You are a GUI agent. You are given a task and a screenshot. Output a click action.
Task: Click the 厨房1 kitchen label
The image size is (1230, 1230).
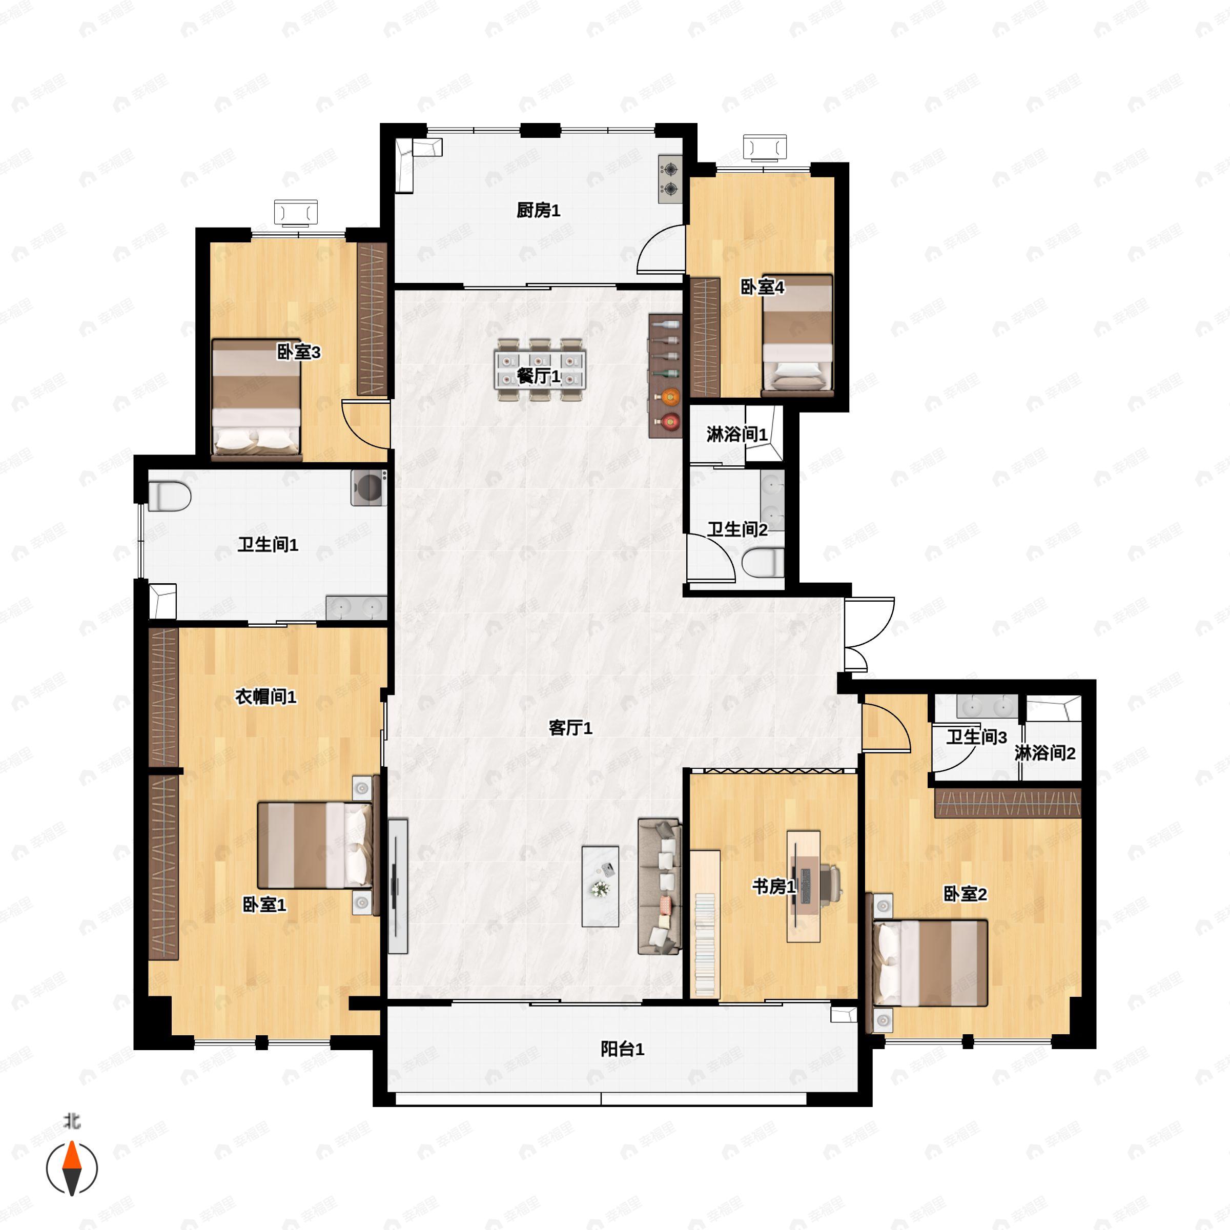coord(538,210)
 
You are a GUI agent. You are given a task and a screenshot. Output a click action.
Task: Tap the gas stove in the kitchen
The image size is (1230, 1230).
coord(670,179)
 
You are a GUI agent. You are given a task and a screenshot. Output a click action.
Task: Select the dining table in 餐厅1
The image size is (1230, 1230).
coord(540,370)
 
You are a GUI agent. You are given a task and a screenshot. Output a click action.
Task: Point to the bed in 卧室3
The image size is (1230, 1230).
coord(256,399)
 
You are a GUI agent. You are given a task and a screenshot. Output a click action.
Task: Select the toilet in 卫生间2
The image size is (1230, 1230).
coord(763,563)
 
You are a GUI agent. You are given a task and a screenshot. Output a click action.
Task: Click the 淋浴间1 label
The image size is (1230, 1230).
coord(736,435)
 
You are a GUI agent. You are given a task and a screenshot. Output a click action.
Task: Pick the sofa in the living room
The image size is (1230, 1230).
coord(660,887)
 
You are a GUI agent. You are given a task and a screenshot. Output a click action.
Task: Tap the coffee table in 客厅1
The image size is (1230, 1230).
coord(600,886)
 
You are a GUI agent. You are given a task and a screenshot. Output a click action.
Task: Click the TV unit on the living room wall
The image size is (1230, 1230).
coord(398,886)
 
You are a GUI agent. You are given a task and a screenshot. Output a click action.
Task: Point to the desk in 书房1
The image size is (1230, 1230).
coord(804,886)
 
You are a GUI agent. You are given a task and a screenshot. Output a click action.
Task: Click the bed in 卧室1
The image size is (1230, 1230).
coord(315,846)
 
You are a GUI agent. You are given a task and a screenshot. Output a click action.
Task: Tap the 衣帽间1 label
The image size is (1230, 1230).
coord(265,697)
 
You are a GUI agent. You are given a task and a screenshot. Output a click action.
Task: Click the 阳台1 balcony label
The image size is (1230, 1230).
coord(622,1049)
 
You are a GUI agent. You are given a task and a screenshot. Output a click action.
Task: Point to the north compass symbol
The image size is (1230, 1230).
coord(72,1168)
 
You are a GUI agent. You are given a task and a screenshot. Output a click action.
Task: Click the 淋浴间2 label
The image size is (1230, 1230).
coord(1045,753)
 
